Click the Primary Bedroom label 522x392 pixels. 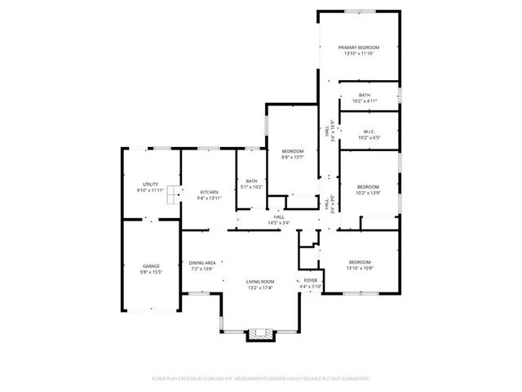click(x=359, y=48)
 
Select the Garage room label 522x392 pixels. click(x=151, y=265)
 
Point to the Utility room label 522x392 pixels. click(x=151, y=185)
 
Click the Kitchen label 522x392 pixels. click(x=210, y=192)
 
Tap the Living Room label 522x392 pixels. click(x=259, y=282)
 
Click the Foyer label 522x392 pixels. click(x=310, y=280)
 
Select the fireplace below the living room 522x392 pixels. click(x=261, y=332)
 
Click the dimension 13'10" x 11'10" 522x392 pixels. click(x=359, y=54)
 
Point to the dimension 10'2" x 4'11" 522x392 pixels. click(x=365, y=101)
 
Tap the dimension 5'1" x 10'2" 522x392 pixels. click(x=251, y=187)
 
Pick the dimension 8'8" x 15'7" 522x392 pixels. click(x=293, y=157)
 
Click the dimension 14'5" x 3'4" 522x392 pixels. click(x=279, y=223)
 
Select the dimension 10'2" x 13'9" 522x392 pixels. click(x=369, y=193)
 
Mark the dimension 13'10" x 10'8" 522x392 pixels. click(x=359, y=268)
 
